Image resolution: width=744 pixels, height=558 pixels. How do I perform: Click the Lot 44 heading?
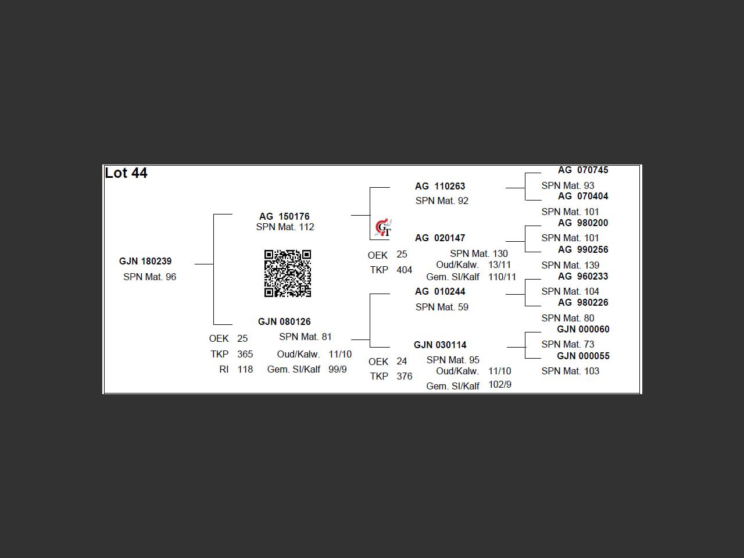tap(126, 173)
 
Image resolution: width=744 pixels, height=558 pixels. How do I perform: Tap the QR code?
tap(288, 273)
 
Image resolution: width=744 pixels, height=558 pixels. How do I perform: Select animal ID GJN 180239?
tap(145, 262)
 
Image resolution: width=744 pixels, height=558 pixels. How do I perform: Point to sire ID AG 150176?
tap(284, 216)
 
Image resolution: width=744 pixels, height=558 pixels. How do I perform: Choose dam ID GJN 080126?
tap(284, 321)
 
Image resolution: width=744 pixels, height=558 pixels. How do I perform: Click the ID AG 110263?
tap(440, 186)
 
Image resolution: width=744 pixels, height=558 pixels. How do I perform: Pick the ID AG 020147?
tap(440, 238)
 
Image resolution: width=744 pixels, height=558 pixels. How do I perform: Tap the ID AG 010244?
tap(440, 291)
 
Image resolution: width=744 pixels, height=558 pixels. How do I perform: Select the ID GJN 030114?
tap(440, 345)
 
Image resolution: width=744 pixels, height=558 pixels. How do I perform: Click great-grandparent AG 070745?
tap(583, 170)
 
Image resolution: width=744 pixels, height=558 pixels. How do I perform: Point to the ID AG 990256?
tap(583, 249)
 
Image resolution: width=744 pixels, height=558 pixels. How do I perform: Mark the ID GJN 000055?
tap(583, 356)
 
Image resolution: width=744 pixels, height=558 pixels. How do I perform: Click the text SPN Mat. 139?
tap(570, 265)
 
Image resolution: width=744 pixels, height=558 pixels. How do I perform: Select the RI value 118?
tap(245, 369)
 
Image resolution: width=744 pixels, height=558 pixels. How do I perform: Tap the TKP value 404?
tap(404, 270)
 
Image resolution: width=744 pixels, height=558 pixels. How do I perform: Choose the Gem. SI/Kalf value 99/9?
tap(338, 369)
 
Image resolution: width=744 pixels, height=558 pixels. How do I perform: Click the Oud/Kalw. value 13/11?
tap(500, 264)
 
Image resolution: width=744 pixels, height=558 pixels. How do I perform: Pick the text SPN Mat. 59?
tap(442, 307)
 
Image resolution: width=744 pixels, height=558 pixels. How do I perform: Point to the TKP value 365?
tap(245, 354)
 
